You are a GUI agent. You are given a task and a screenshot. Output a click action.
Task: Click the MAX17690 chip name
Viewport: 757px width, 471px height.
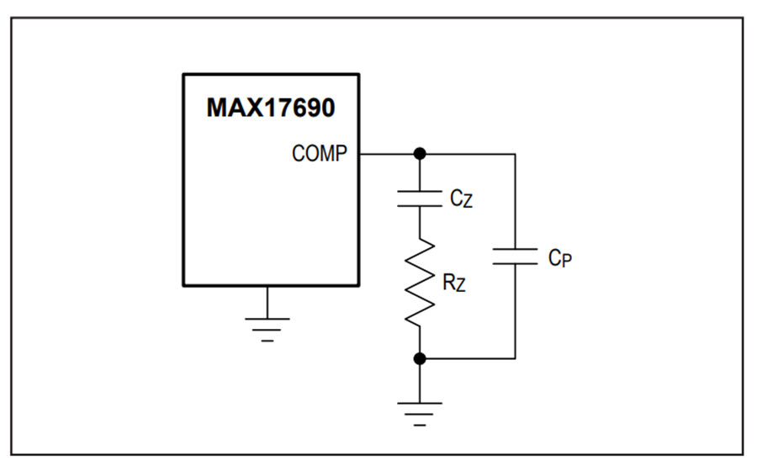pos(270,108)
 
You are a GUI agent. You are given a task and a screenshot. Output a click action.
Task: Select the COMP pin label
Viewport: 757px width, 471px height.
pos(319,153)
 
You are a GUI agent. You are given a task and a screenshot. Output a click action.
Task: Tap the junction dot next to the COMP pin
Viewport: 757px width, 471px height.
pos(420,154)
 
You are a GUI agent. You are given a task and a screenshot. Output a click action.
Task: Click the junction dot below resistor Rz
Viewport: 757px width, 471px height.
pos(420,358)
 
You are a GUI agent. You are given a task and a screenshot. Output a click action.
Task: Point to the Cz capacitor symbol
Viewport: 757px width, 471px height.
pos(420,198)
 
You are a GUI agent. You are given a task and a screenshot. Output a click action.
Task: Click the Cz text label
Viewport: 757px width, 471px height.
pos(461,198)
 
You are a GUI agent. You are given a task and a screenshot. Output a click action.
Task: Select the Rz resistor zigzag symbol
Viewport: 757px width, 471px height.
pos(420,283)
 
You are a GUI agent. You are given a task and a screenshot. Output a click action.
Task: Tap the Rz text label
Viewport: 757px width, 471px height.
pos(454,283)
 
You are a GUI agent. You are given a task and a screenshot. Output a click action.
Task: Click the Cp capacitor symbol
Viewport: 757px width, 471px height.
pos(515,257)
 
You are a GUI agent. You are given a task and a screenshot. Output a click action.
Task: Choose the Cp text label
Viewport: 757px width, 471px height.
pos(560,257)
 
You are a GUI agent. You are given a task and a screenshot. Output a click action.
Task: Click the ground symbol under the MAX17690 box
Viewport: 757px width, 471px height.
pos(267,330)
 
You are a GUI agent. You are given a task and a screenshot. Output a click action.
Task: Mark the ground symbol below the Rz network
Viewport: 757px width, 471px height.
pos(420,414)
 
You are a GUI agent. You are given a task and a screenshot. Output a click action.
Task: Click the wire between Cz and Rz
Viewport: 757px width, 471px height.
pos(420,223)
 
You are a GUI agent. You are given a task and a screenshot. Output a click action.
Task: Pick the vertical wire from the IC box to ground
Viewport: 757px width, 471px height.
pos(267,303)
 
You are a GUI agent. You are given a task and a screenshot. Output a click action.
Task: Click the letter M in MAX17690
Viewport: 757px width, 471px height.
pos(217,108)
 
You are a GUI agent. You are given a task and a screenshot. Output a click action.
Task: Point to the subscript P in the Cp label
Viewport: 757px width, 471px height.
pos(567,261)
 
